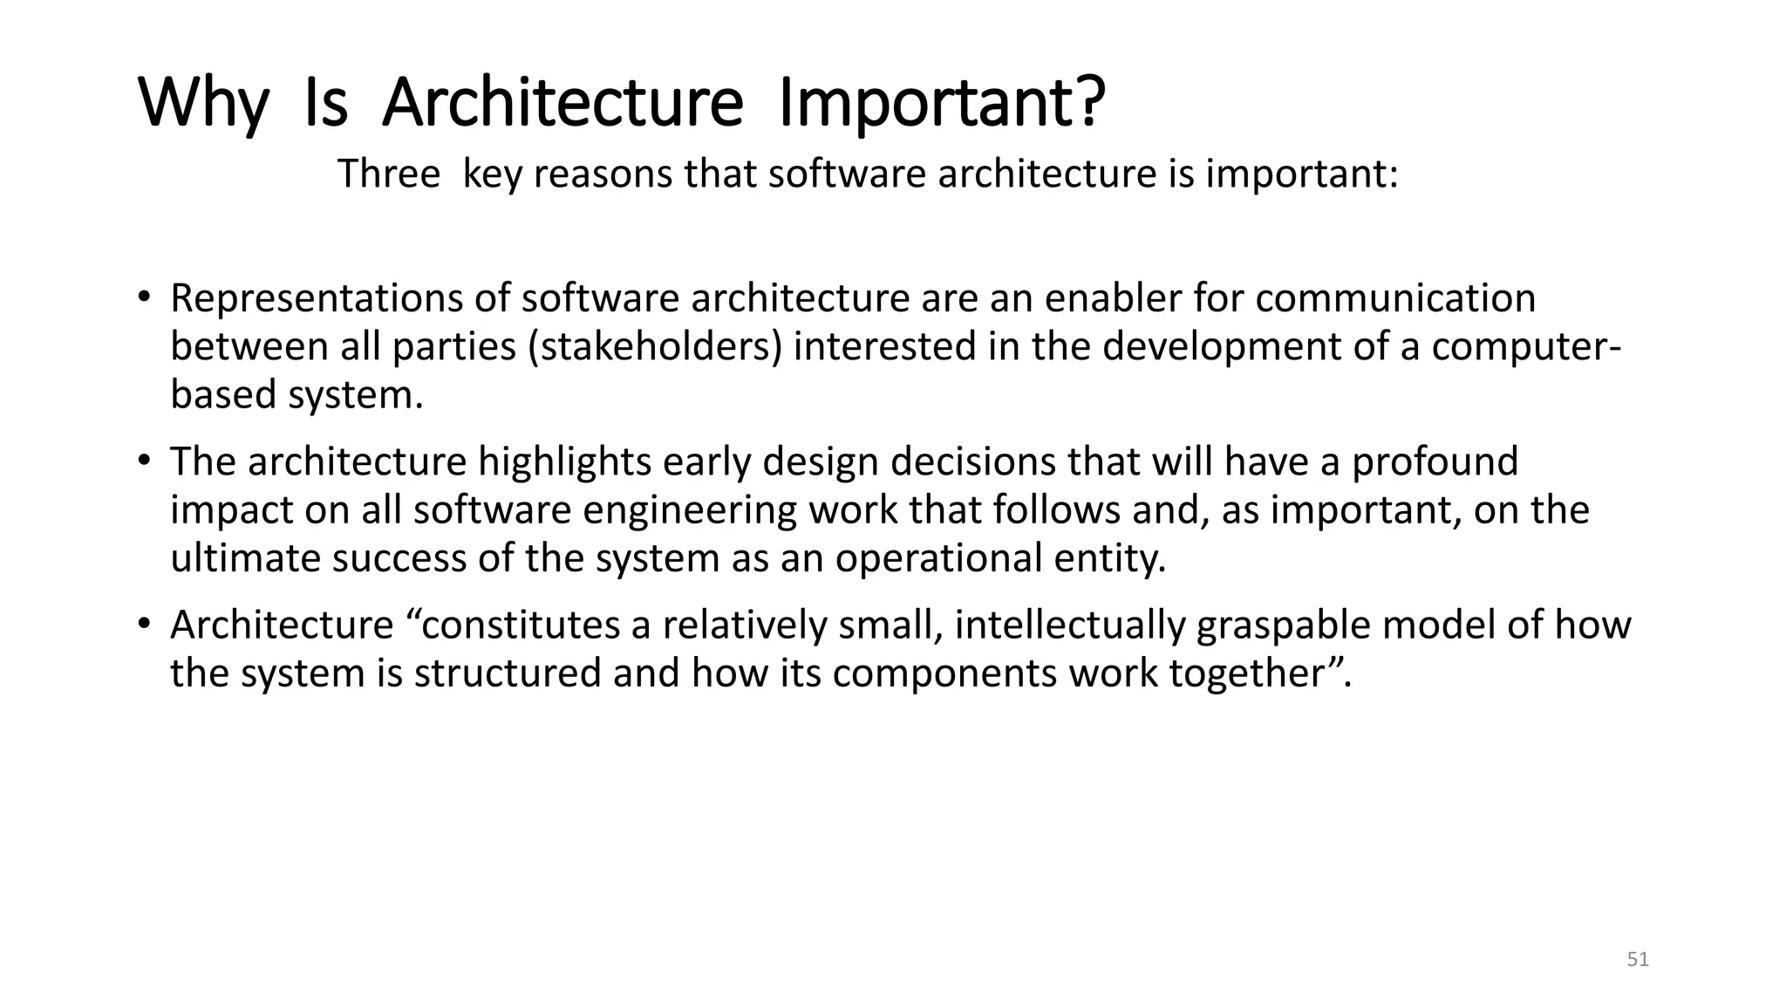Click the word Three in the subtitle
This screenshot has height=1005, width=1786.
tap(389, 174)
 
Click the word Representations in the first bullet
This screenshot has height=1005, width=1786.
tap(317, 299)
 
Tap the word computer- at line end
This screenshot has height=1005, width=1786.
tap(1526, 347)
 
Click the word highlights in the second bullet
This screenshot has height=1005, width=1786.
tap(564, 462)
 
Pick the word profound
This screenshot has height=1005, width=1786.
tap(1435, 462)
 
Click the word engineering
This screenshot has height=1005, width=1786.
tap(689, 511)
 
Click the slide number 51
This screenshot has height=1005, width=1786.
tap(1638, 960)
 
